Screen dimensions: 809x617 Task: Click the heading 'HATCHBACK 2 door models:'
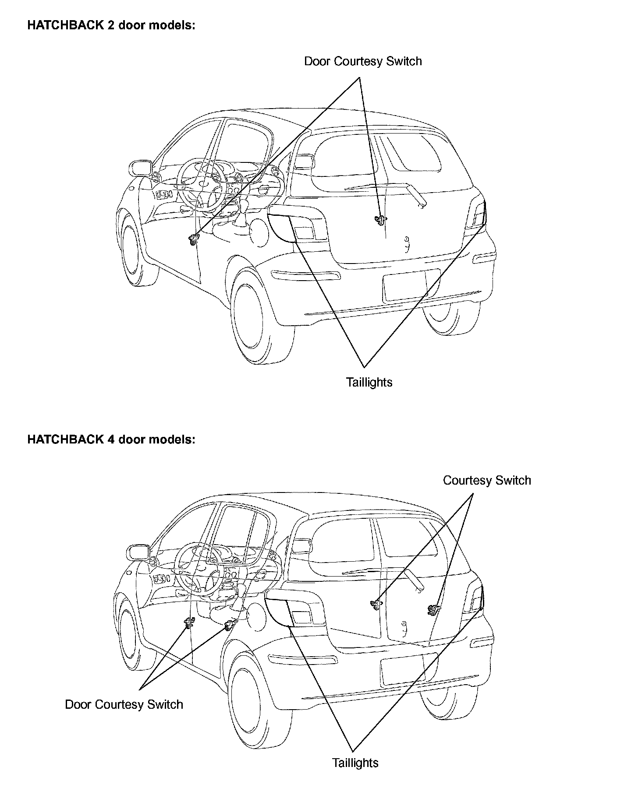click(111, 25)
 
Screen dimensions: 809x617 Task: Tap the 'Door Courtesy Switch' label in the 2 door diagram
click(363, 61)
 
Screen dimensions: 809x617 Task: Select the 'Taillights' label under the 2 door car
click(369, 382)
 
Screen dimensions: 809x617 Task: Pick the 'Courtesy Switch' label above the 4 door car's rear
click(487, 480)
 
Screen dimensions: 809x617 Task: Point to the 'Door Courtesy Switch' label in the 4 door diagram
click(124, 704)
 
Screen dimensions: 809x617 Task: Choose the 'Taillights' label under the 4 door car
click(355, 763)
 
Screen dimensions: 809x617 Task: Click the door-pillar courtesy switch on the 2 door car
click(192, 239)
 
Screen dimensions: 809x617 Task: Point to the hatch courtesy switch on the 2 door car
click(380, 219)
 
